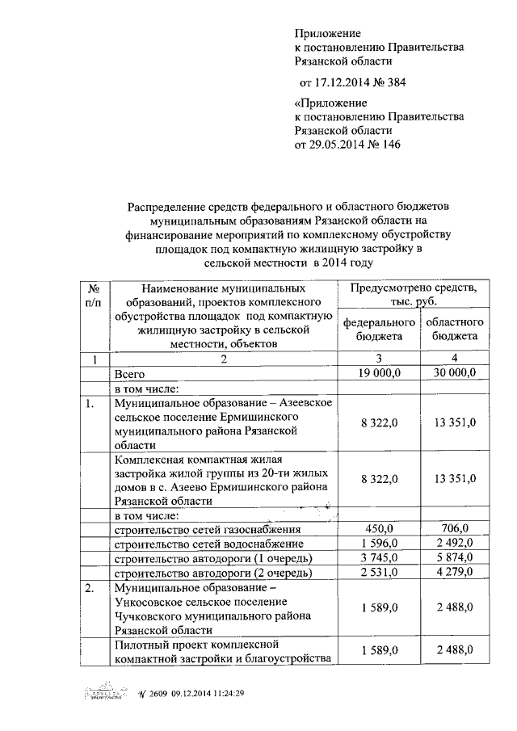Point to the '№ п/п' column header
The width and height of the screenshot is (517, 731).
(x=93, y=295)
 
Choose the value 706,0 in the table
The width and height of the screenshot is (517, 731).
(x=454, y=529)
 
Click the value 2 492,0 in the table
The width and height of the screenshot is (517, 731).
(x=454, y=544)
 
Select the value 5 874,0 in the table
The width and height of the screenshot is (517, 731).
(x=454, y=558)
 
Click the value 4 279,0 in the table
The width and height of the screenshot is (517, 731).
(x=454, y=573)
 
